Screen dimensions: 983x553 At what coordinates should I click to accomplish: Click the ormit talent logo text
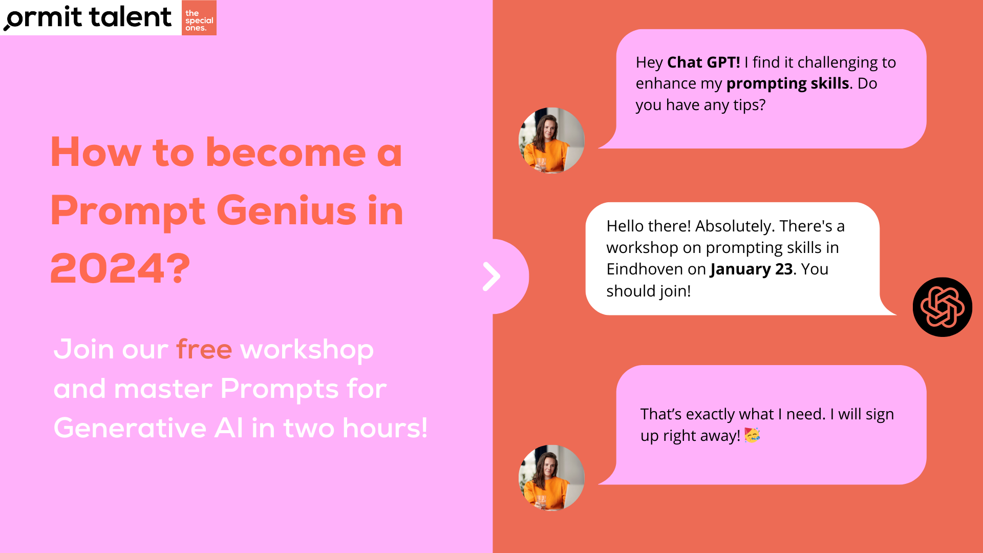pyautogui.click(x=88, y=17)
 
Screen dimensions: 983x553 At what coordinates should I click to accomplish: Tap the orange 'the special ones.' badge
pyautogui.click(x=199, y=18)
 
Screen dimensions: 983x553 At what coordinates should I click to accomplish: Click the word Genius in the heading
pyautogui.click(x=286, y=210)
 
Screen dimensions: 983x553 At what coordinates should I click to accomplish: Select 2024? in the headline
pyautogui.click(x=120, y=268)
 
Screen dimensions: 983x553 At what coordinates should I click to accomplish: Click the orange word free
pyautogui.click(x=204, y=349)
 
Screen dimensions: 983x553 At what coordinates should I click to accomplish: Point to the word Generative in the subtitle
pyautogui.click(x=130, y=428)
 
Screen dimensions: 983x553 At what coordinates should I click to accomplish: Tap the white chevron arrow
pyautogui.click(x=491, y=276)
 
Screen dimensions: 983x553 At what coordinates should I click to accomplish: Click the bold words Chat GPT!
pyautogui.click(x=703, y=62)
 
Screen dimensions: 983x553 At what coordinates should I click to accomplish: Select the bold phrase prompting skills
pyautogui.click(x=788, y=84)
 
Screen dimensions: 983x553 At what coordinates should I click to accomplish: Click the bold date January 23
pyautogui.click(x=752, y=269)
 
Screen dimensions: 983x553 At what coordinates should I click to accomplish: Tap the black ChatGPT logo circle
pyautogui.click(x=943, y=307)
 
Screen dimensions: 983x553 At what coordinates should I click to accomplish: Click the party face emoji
pyautogui.click(x=752, y=435)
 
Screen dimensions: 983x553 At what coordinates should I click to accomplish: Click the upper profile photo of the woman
pyautogui.click(x=551, y=140)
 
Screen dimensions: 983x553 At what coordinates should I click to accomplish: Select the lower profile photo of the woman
pyautogui.click(x=551, y=478)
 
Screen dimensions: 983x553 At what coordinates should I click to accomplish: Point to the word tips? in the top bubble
pyautogui.click(x=750, y=105)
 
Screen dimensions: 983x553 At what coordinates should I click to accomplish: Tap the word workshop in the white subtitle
pyautogui.click(x=307, y=350)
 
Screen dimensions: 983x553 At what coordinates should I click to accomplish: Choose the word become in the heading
pyautogui.click(x=286, y=152)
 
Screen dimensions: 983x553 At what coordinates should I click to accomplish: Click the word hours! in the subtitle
pyautogui.click(x=384, y=428)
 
